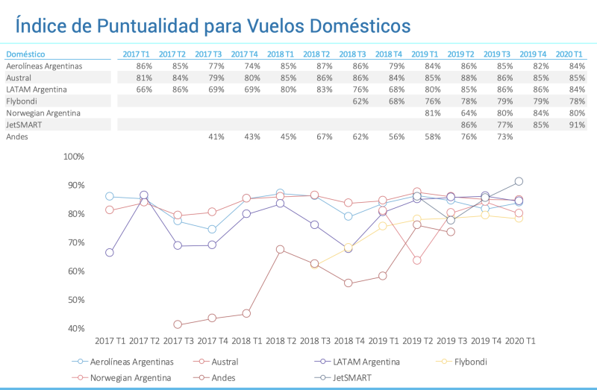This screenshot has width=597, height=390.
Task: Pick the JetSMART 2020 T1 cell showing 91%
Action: (576, 125)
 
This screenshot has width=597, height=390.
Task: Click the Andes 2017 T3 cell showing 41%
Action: (216, 137)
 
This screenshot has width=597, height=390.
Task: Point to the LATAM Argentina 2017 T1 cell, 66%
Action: (144, 89)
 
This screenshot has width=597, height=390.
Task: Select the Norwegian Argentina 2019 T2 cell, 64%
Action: (468, 113)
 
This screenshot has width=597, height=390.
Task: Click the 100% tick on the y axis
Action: (75, 157)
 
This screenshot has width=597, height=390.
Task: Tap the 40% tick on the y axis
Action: (77, 329)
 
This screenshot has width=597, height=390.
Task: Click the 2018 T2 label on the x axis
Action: (280, 341)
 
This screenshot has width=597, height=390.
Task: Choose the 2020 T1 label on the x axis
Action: (519, 341)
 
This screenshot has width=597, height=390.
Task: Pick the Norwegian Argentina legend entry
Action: (131, 378)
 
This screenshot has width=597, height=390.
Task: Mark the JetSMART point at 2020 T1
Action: (519, 181)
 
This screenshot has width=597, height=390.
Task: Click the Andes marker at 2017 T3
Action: (178, 324)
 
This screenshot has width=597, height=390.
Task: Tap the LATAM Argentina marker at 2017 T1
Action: (110, 253)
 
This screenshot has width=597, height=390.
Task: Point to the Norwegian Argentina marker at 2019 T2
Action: (416, 260)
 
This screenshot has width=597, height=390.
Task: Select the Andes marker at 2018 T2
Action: (280, 250)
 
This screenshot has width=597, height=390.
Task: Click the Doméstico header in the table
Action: (25, 54)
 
